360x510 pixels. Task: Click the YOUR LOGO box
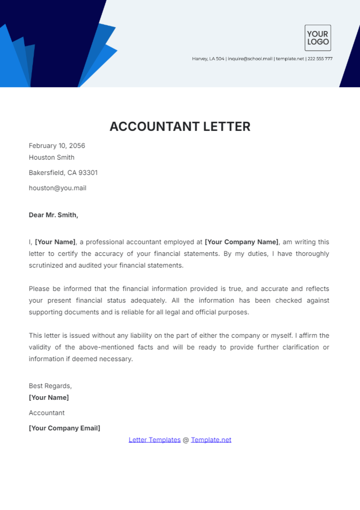click(x=318, y=38)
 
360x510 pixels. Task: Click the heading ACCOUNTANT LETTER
click(x=180, y=127)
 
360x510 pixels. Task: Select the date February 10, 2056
click(x=57, y=146)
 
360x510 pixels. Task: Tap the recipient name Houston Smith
click(x=52, y=157)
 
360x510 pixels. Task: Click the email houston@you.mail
click(x=58, y=188)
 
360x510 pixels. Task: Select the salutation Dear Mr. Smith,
click(x=53, y=215)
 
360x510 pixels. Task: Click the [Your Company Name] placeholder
click(x=242, y=242)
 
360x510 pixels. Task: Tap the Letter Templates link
click(x=154, y=440)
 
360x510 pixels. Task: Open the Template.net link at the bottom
click(x=211, y=440)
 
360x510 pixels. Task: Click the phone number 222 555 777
click(x=320, y=59)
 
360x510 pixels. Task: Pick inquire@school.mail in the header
click(x=250, y=59)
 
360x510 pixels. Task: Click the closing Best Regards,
click(x=50, y=386)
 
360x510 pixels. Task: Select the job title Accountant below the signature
click(x=46, y=413)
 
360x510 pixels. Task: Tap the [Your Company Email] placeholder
click(x=64, y=428)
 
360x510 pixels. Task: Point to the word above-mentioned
click(x=106, y=347)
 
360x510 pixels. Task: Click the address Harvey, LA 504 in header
click(x=208, y=59)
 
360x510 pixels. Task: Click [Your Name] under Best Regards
click(x=49, y=398)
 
